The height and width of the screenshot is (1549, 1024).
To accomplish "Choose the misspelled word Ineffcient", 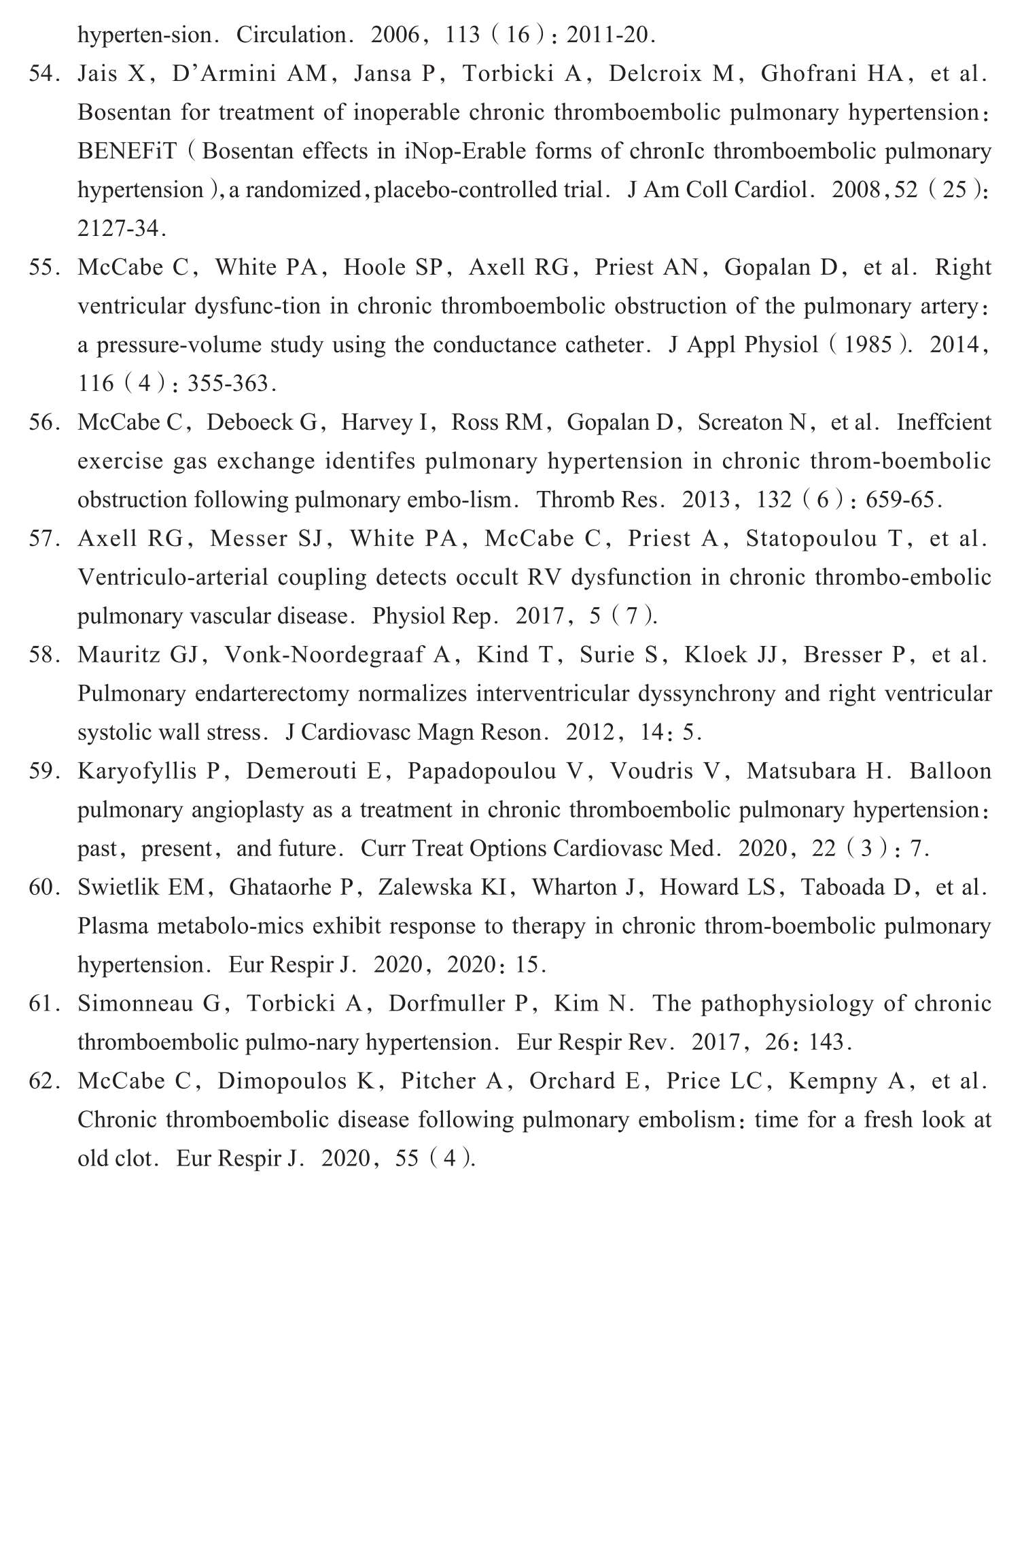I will [944, 422].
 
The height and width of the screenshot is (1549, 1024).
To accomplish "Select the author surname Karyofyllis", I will [141, 771].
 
